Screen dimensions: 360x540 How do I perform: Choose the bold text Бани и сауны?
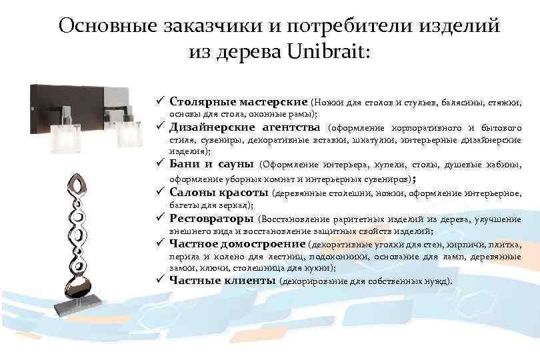tap(211, 163)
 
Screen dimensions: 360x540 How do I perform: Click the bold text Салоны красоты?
tap(219, 193)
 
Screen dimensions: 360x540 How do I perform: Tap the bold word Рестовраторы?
tap(211, 217)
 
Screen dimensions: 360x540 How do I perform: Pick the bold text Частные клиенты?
tap(223, 280)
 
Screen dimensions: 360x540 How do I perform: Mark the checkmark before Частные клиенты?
tap(161, 280)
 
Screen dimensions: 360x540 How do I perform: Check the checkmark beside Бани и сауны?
tap(161, 163)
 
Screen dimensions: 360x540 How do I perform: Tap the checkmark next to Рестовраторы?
tap(161, 217)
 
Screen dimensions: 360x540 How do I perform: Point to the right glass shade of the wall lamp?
tap(130, 133)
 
